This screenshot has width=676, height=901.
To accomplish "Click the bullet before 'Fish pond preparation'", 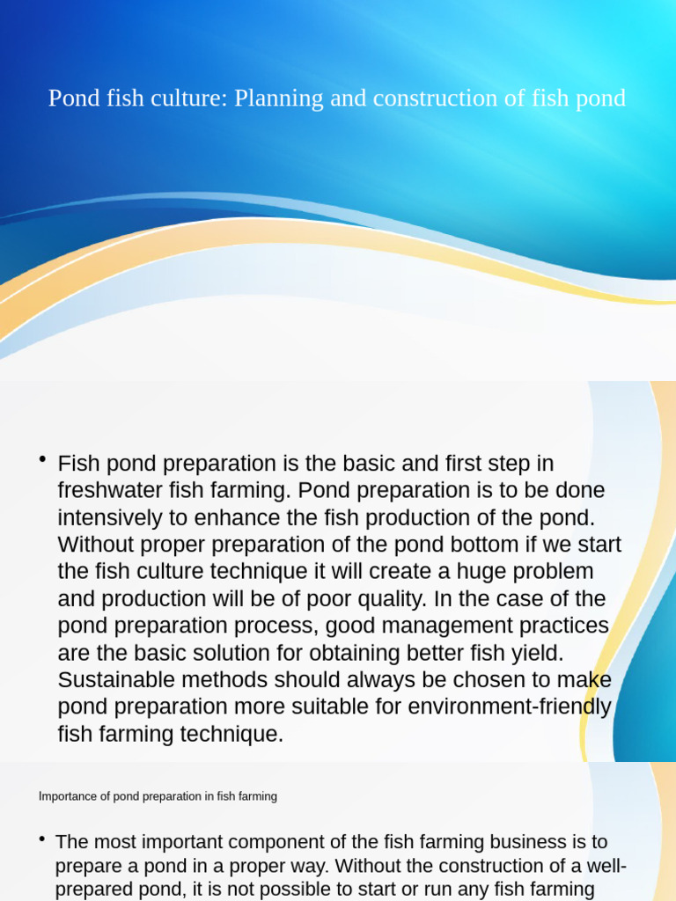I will click(42, 460).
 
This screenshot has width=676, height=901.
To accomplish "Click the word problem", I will click(549, 572).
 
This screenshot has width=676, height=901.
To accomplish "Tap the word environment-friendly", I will click(480, 707).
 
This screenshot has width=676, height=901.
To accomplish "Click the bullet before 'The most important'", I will click(42, 840).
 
